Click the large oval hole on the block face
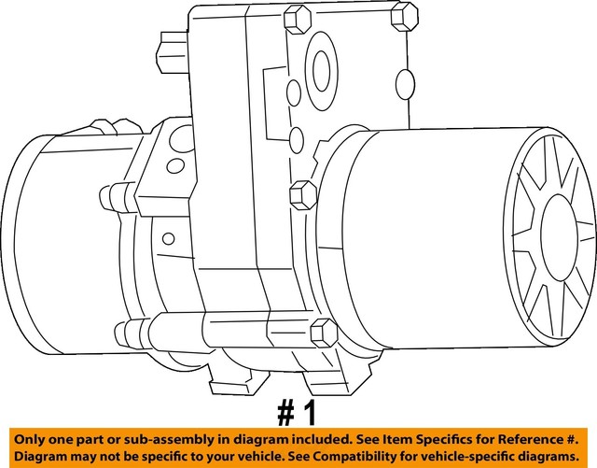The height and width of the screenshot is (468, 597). [x=321, y=68]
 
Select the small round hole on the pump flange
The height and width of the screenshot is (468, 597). [x=168, y=238]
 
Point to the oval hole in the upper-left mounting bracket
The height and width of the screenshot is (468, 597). [x=174, y=166]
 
